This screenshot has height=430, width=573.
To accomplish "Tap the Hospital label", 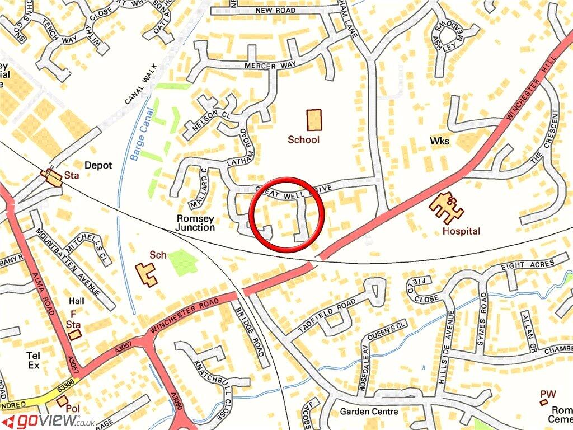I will (461, 231).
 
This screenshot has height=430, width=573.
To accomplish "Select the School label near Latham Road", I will (304, 139).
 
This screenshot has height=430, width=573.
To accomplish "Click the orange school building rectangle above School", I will (314, 120).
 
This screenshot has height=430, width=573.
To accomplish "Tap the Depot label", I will (98, 166).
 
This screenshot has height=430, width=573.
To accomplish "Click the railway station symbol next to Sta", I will (54, 177).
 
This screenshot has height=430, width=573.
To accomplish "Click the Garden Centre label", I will (369, 412).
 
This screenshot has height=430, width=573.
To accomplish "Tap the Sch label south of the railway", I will (158, 255).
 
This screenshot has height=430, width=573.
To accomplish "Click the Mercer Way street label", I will (270, 66).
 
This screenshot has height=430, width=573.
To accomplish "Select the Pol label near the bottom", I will (73, 409).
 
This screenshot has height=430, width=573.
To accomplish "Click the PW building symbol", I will (543, 401).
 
